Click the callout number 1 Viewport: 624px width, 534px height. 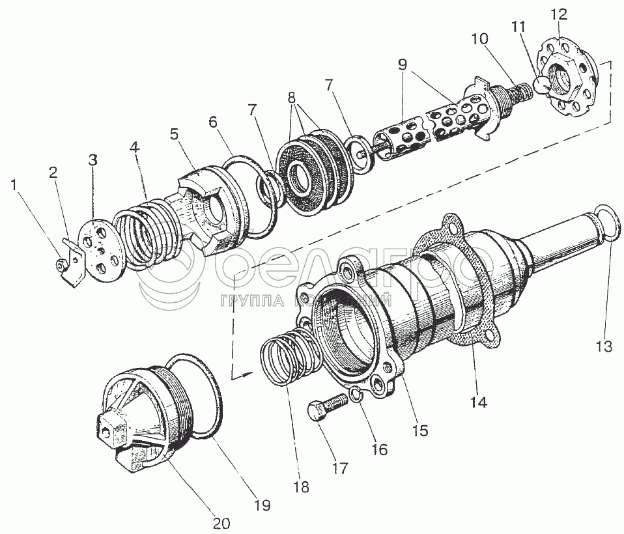[14, 185]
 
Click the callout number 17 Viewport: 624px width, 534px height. [339, 468]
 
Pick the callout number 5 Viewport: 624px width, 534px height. [174, 134]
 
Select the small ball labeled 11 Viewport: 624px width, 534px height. [543, 83]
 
